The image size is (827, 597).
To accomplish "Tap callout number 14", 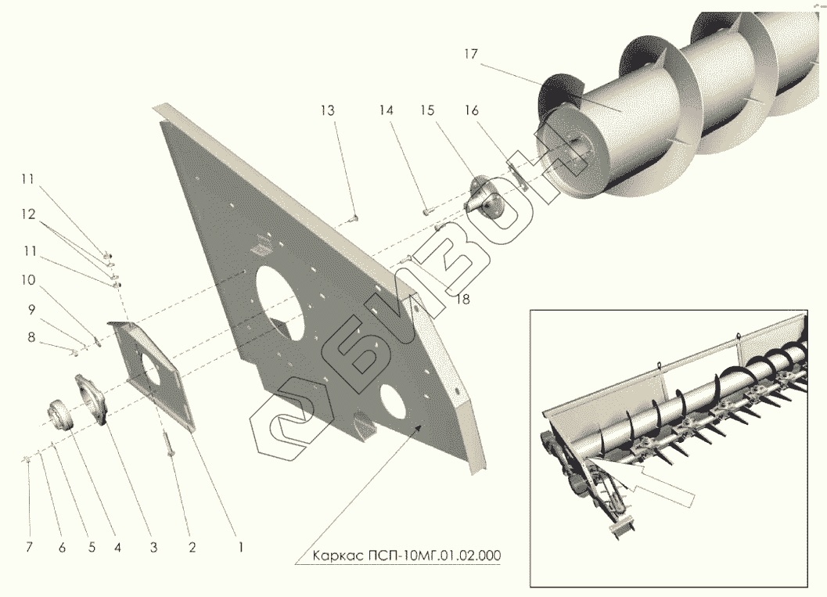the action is [387, 110].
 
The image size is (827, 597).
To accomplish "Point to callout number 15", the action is [426, 110].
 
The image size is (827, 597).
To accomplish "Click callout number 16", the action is [471, 110].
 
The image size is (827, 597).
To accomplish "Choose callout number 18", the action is [463, 299].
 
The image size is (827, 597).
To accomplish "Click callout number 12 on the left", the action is [29, 214].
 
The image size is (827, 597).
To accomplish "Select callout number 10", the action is [29, 279].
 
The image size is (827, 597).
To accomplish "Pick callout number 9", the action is [32, 309].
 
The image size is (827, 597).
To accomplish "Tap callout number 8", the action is [32, 337].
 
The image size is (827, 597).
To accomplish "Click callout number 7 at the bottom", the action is [29, 548].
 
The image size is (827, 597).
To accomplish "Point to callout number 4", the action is [117, 548].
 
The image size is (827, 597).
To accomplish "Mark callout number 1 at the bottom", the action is [240, 548].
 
